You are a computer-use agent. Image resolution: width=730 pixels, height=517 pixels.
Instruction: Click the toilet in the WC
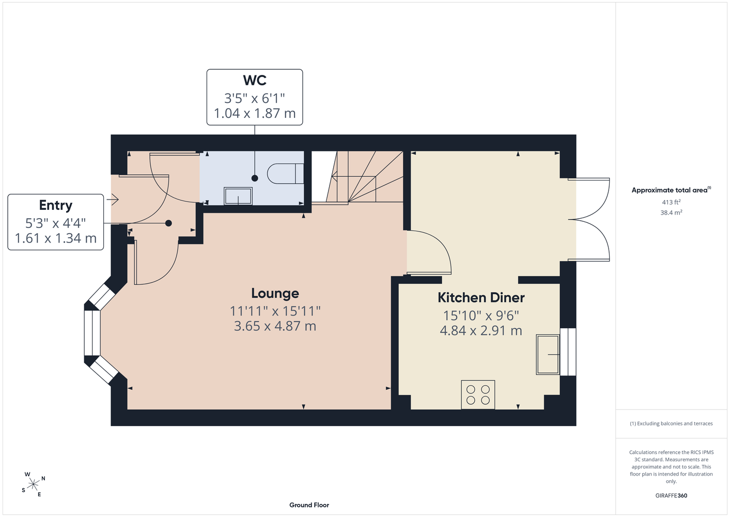pos(286,174)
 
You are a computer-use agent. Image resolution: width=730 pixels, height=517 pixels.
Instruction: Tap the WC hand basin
pos(238,196)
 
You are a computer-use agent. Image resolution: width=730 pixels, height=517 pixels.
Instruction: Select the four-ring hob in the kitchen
pos(478,394)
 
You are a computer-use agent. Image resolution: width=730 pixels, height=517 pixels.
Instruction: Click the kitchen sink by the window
pos(548,354)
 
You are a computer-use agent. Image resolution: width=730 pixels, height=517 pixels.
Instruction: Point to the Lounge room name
pos(275,293)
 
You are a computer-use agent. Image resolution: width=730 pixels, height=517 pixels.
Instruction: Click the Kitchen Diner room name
pos(481,297)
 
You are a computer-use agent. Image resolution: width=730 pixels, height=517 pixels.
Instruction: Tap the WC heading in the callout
pos(255,80)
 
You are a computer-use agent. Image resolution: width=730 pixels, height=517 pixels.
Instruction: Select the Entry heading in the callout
pos(56,205)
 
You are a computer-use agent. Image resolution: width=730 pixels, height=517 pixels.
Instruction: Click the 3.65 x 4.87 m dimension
pos(275,326)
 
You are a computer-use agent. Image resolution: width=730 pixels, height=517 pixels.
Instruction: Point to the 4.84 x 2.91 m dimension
pos(481,331)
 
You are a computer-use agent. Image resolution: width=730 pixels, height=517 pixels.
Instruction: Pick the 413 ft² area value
pos(671,202)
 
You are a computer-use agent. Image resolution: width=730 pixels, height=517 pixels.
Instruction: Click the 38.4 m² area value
pos(671,212)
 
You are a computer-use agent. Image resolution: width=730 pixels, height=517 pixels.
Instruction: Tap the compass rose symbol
pos(33,484)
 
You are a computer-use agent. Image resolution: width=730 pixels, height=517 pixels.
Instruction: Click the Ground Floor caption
pos(309,505)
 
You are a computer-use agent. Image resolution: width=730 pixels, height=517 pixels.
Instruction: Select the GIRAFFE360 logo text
pos(671,495)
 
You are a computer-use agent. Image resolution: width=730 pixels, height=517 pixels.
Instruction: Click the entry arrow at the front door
pos(114,199)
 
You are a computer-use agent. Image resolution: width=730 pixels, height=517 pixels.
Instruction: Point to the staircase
pos(357,177)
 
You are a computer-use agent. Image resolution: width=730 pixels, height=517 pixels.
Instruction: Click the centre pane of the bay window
pos(92,333)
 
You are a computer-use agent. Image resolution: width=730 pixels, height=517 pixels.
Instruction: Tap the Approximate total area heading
pos(671,190)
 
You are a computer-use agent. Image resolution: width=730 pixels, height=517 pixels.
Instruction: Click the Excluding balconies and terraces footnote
pos(671,423)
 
